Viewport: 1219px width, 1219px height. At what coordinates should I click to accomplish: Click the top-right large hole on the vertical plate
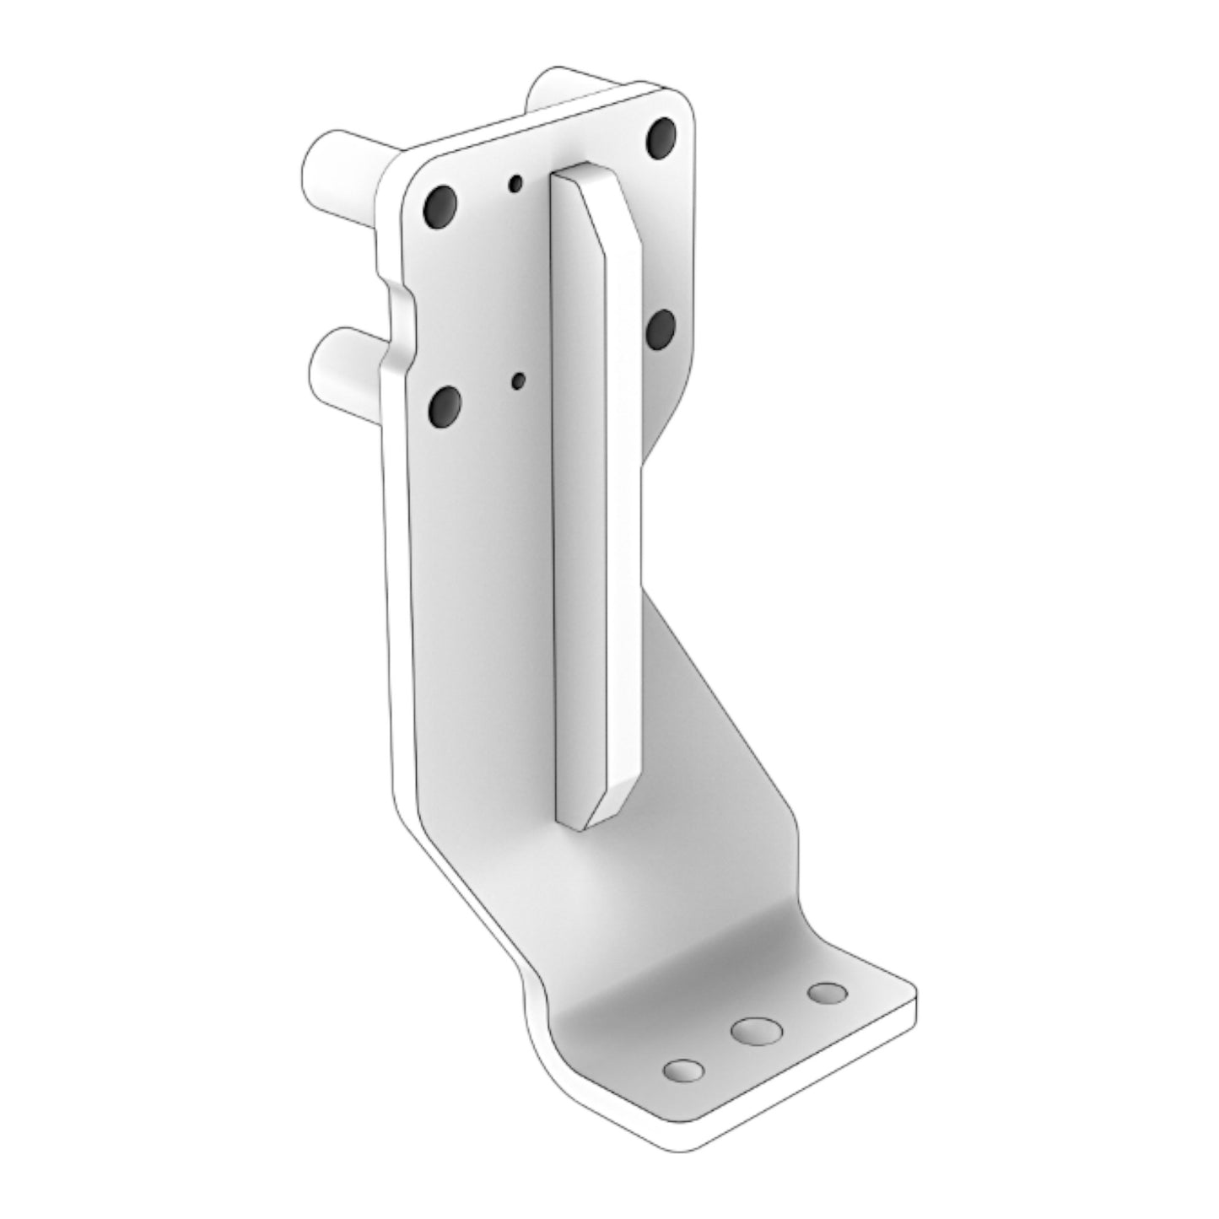(663, 136)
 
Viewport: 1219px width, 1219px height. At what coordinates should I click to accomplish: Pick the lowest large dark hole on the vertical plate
(444, 407)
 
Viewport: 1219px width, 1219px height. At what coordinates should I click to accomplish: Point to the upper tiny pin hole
(515, 182)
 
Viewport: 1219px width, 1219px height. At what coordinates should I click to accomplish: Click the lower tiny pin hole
(519, 382)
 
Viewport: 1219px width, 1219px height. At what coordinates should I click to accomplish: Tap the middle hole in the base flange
(756, 1031)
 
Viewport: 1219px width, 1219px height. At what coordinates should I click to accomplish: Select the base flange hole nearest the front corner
(683, 1071)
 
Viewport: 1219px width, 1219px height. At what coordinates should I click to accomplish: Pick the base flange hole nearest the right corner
(827, 993)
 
